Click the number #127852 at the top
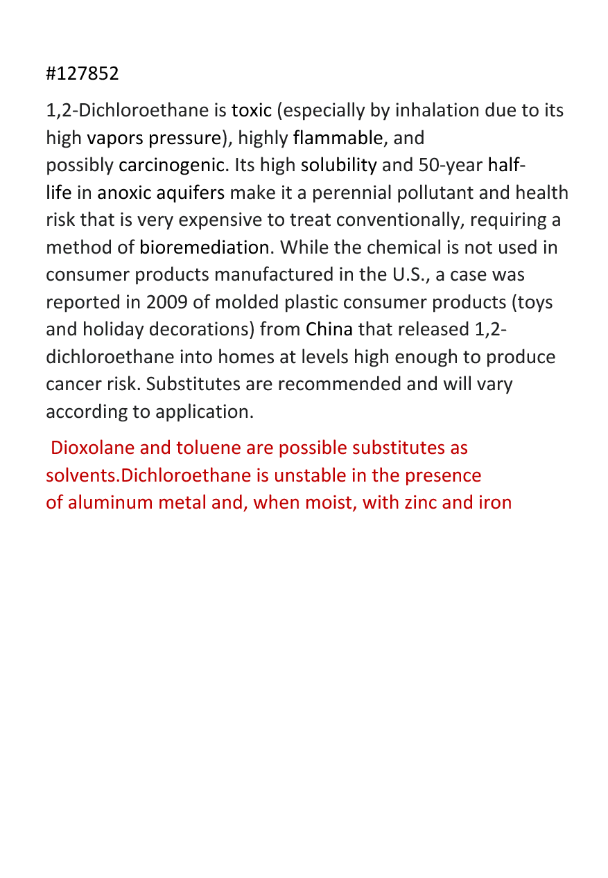click(x=82, y=73)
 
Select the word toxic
click(x=252, y=111)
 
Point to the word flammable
click(x=338, y=138)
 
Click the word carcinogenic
click(x=172, y=166)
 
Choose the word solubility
click(x=339, y=166)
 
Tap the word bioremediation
click(x=205, y=247)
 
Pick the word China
click(x=329, y=329)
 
